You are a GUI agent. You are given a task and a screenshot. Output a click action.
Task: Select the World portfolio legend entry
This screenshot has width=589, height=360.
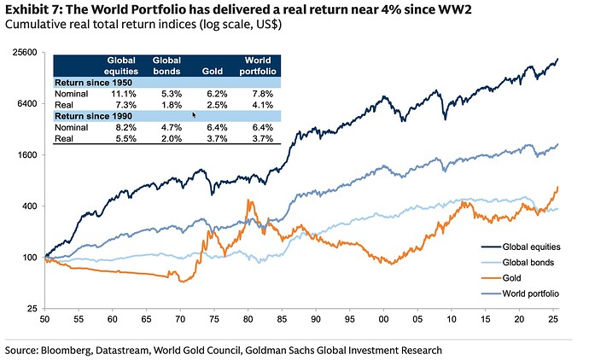[x=531, y=293]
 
